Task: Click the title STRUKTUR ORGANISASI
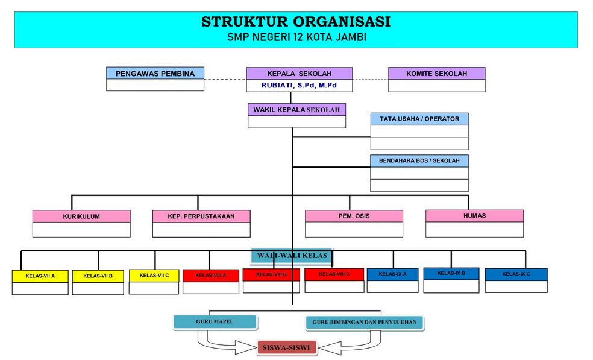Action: [295, 22]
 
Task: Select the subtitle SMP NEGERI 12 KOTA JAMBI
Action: [296, 37]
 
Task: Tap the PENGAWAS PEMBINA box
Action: [155, 74]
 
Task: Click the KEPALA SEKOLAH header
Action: [299, 74]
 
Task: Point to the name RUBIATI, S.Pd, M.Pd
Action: [299, 86]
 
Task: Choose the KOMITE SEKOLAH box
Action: [436, 74]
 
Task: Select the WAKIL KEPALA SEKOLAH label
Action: [296, 110]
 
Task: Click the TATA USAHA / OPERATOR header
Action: [419, 119]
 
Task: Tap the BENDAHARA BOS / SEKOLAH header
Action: [419, 161]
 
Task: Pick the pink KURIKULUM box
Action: [81, 216]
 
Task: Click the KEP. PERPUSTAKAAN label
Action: [201, 216]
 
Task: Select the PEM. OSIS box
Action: [354, 215]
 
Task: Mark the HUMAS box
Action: [474, 215]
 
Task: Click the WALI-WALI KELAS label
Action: [292, 256]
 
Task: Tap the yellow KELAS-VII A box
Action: [40, 276]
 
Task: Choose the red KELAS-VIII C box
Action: [334, 274]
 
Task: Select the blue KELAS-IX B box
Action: [451, 273]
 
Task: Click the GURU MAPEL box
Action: [215, 321]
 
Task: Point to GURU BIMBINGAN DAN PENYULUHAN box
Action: [365, 323]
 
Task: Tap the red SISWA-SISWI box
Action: [287, 348]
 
